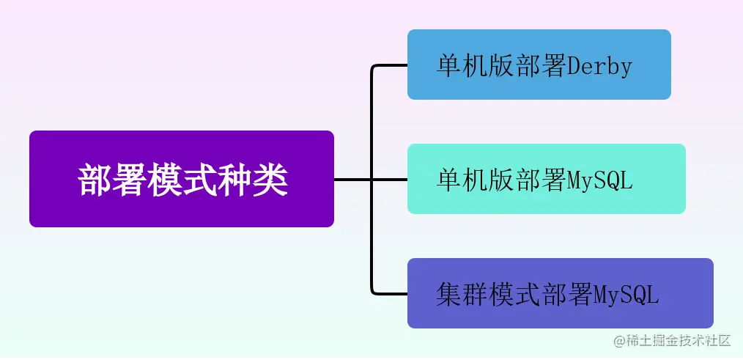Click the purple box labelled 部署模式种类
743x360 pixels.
pos(182,179)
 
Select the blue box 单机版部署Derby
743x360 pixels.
pos(539,65)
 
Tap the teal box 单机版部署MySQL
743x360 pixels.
pos(546,179)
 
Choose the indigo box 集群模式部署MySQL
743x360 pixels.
pos(560,293)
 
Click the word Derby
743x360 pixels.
pos(599,67)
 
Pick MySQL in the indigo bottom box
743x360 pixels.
pos(626,295)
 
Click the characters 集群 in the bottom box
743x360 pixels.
pos(461,295)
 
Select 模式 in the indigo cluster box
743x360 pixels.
pos(514,295)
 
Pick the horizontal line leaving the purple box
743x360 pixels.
pos(352,179)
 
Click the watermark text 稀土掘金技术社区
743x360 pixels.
pos(679,340)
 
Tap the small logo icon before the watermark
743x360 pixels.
pos(619,340)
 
